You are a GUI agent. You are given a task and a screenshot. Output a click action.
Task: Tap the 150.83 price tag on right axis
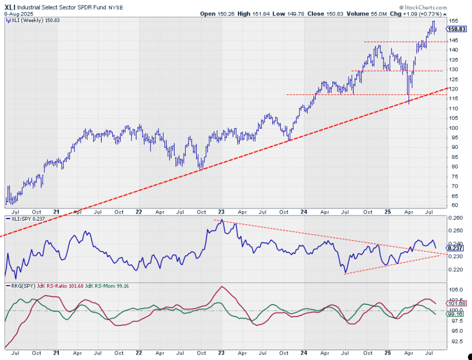456,29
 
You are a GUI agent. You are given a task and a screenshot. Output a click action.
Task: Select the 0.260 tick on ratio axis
455,218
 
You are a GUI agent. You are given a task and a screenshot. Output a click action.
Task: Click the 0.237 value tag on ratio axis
455,248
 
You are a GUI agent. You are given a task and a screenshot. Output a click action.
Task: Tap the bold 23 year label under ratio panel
222,211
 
